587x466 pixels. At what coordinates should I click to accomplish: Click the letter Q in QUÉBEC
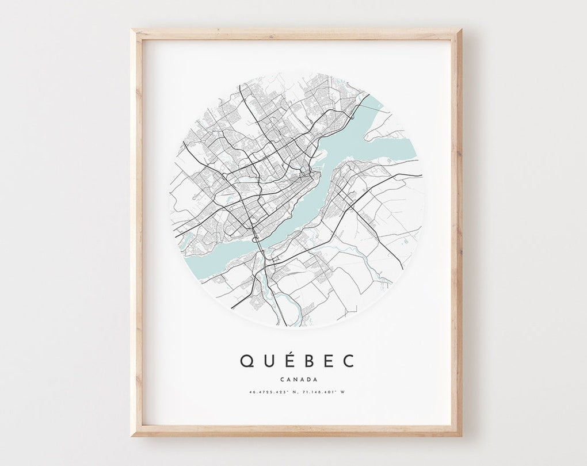tap(246, 361)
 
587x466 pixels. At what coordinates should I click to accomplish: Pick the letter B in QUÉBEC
tap(307, 361)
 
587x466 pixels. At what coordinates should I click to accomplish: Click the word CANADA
tap(298, 379)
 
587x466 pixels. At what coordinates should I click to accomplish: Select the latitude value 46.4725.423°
tap(265, 392)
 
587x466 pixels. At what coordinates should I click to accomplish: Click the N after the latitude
tap(292, 392)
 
